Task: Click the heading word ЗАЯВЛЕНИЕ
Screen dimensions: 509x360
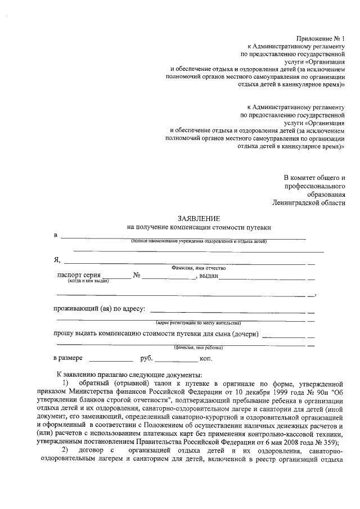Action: pos(199,218)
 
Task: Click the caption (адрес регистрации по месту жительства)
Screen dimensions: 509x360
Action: pos(199,323)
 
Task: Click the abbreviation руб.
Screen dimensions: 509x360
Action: pos(146,358)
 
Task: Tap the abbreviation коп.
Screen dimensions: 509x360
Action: pos(205,358)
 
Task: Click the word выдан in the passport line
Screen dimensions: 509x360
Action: pos(209,275)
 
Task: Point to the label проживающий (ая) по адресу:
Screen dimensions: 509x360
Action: pos(100,309)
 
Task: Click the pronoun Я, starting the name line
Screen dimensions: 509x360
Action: pos(57,260)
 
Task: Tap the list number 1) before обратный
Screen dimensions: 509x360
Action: pos(66,383)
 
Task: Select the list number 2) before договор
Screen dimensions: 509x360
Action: pos(66,451)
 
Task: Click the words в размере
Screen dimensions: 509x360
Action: pos(68,358)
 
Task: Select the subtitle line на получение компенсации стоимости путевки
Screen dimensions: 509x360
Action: pos(199,227)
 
